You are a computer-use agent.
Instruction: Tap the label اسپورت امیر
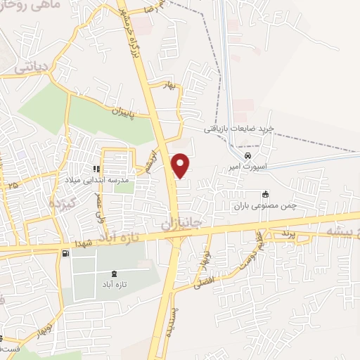pyautogui.click(x=247, y=167)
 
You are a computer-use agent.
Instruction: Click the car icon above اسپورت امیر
pyautogui.click(x=247, y=155)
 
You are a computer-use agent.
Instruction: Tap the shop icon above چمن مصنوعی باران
pyautogui.click(x=265, y=195)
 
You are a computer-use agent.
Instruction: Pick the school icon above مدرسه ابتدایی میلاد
pyautogui.click(x=97, y=169)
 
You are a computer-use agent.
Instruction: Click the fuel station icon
pyautogui.click(x=65, y=253)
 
